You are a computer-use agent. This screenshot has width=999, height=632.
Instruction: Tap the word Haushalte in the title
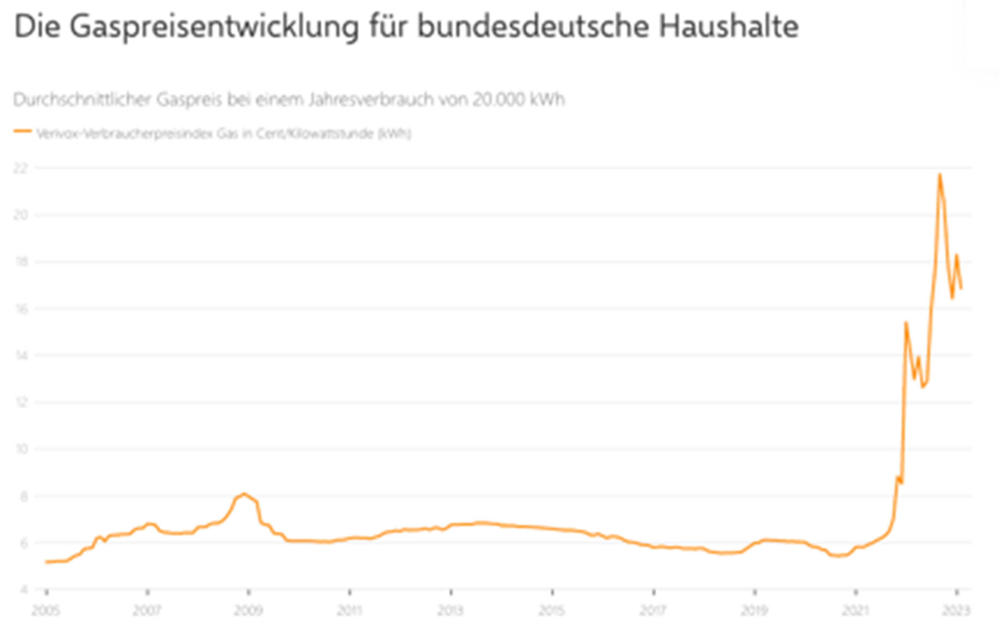(729, 27)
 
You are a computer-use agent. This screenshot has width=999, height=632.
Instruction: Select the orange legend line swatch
(23, 131)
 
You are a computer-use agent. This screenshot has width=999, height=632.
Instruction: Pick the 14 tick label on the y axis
(21, 355)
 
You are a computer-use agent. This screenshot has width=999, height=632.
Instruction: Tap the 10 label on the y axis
(21, 449)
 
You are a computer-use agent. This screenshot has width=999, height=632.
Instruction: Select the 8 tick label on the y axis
(23, 496)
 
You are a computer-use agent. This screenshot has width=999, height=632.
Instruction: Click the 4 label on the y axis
(24, 590)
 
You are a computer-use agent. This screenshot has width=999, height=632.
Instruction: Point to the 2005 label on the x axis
(46, 611)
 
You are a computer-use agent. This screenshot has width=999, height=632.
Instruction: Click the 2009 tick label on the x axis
(248, 611)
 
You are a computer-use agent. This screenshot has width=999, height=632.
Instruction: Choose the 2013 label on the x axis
(451, 611)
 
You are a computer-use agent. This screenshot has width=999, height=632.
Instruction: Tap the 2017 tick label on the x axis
(653, 611)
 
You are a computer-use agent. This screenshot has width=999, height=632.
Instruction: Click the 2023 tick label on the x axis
(956, 611)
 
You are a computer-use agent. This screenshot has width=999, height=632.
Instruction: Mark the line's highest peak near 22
(940, 175)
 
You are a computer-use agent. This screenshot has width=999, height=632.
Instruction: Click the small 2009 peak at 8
(244, 494)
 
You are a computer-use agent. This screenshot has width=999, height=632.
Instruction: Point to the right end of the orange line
(961, 288)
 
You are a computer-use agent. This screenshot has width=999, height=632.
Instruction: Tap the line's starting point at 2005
(46, 562)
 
